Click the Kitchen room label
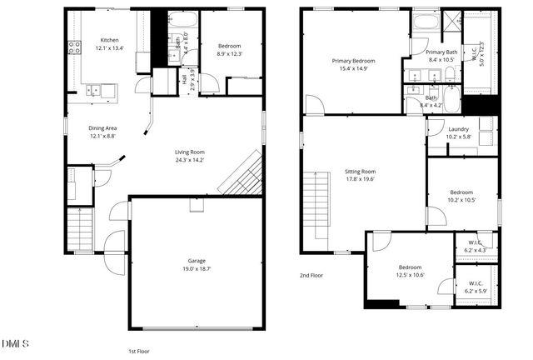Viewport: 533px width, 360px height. [110, 41]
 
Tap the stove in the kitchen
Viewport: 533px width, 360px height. [74, 47]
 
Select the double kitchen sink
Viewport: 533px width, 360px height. [103, 88]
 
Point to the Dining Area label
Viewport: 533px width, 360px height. [103, 127]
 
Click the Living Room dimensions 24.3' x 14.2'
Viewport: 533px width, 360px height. [189, 159]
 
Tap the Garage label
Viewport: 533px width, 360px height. [197, 261]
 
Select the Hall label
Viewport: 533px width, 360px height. [183, 80]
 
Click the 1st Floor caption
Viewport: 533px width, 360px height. [137, 351]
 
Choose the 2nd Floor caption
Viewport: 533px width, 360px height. [311, 275]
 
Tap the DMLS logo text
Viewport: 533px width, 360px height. [15, 343]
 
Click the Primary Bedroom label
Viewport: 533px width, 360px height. [354, 61]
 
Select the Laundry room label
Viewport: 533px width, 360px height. [459, 129]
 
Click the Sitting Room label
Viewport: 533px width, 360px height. [361, 171]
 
